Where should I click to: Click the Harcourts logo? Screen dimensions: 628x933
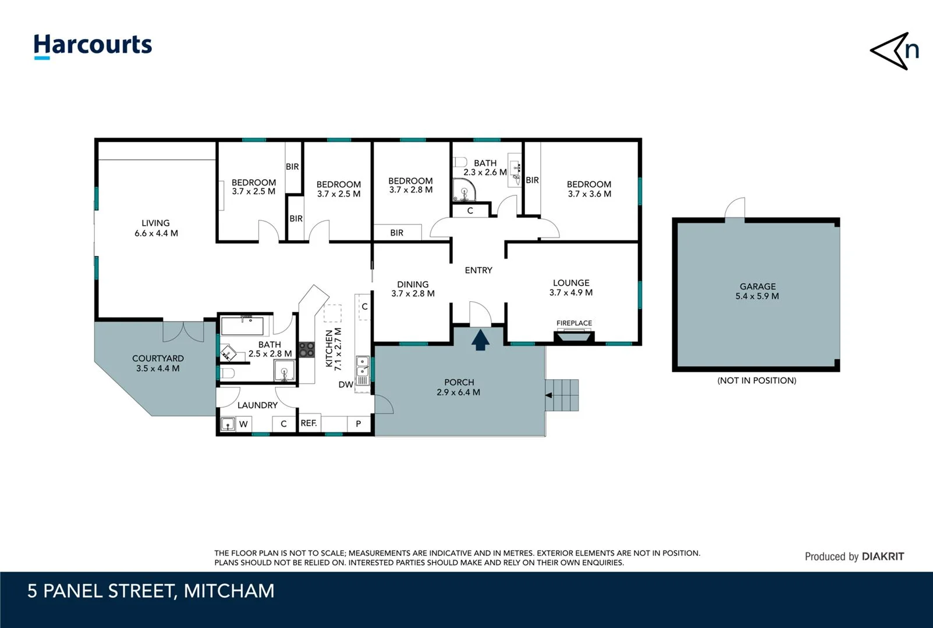[93, 45]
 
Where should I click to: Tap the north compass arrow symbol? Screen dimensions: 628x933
[895, 51]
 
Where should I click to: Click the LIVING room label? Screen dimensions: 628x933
[156, 228]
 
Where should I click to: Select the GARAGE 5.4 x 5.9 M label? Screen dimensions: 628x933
[757, 291]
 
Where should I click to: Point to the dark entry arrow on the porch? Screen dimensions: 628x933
[480, 340]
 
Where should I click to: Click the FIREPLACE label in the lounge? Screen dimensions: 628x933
[574, 323]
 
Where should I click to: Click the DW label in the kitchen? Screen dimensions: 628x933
[346, 384]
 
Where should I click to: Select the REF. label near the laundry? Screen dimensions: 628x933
[308, 423]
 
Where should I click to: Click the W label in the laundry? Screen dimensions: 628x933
[243, 424]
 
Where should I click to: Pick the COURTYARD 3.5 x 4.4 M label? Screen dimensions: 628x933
[158, 363]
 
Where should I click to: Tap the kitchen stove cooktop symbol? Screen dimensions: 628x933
[307, 349]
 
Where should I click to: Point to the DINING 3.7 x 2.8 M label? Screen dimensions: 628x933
[413, 288]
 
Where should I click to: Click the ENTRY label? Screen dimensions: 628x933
[478, 270]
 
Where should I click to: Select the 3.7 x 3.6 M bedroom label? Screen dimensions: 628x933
[589, 189]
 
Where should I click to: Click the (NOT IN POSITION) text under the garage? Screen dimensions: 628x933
[757, 380]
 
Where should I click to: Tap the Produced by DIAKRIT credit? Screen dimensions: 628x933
[854, 556]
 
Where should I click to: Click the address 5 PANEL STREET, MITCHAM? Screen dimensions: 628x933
[151, 591]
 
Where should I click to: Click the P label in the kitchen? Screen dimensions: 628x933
[358, 424]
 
